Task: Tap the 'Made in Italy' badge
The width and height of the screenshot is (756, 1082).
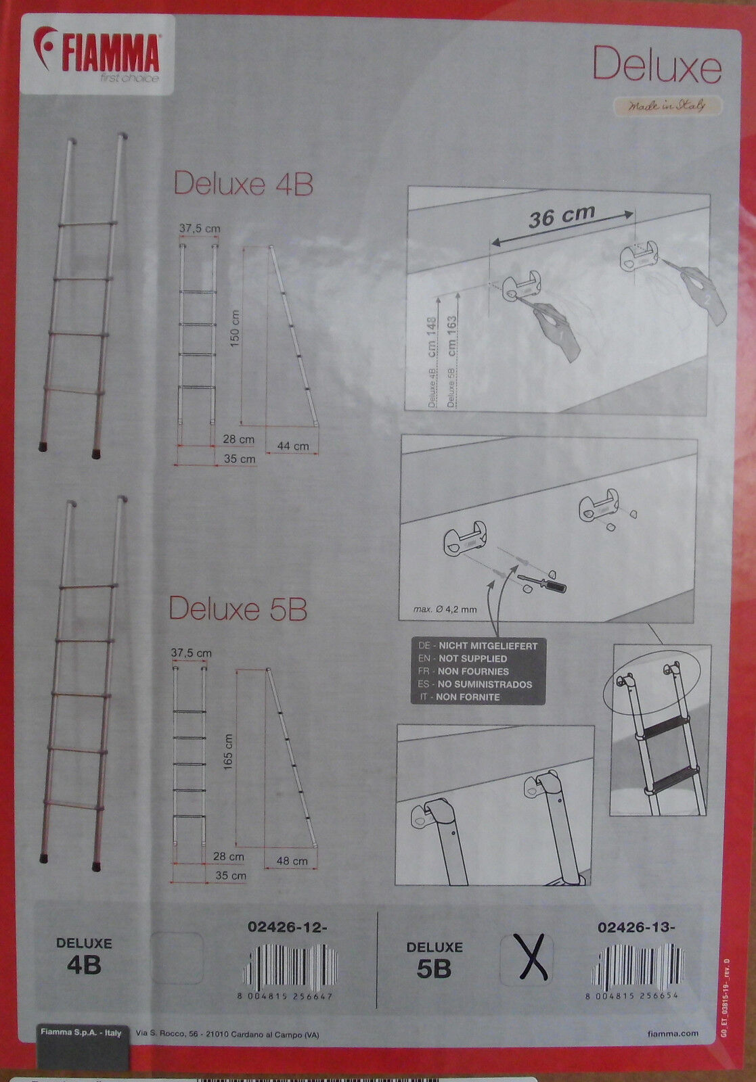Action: [667, 105]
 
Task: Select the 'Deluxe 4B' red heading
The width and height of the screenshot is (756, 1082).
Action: [244, 183]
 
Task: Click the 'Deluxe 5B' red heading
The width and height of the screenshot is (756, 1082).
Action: [238, 609]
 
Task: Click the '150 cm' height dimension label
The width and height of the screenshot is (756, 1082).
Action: [235, 329]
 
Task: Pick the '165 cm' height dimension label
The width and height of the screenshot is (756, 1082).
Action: [228, 751]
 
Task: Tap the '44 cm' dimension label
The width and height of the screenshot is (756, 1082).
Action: [292, 446]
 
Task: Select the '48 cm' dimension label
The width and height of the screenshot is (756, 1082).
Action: [292, 861]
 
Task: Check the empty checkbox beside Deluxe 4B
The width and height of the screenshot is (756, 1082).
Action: [177, 958]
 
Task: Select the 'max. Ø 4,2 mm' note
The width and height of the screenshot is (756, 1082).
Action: [445, 609]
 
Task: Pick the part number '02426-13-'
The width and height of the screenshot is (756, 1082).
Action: [636, 928]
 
